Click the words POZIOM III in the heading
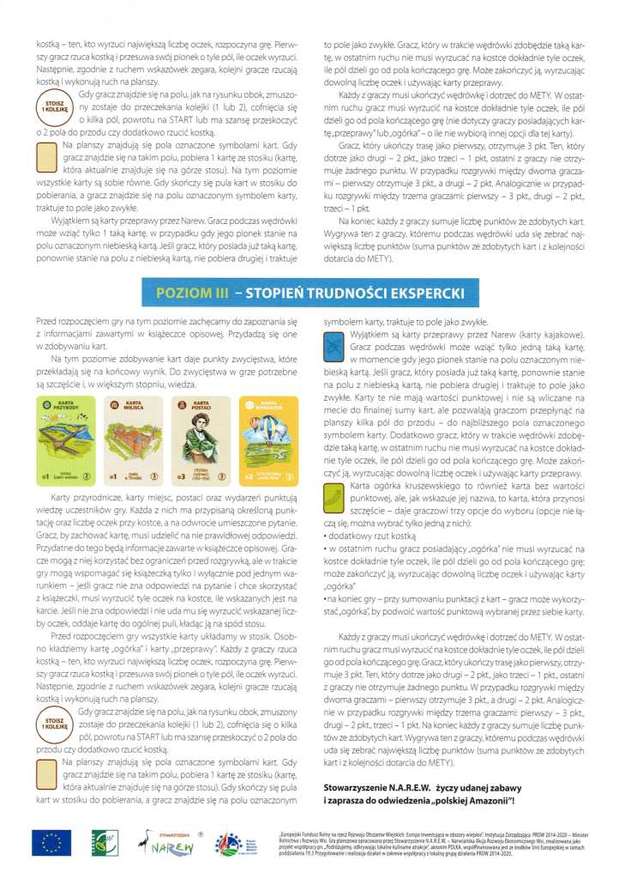[x=192, y=294]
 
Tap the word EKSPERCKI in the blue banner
[x=424, y=294]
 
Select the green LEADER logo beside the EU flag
[x=99, y=846]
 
